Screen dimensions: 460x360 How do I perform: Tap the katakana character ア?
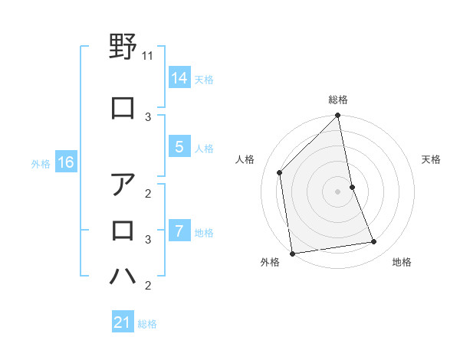click(123, 186)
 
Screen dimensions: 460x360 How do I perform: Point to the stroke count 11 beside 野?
click(149, 56)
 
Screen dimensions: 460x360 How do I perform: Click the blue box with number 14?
click(179, 78)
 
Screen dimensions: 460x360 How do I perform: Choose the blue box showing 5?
click(179, 148)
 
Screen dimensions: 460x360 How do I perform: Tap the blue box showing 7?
click(179, 231)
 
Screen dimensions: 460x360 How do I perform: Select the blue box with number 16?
click(66, 162)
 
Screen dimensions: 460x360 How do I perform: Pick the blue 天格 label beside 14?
click(204, 79)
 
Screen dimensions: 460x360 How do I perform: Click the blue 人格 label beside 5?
click(204, 149)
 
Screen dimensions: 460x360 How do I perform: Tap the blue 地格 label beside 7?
click(204, 232)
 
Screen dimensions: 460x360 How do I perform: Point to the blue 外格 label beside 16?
click(41, 163)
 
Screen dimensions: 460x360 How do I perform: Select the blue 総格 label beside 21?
click(147, 323)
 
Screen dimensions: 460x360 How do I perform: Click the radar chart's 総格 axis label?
click(338, 100)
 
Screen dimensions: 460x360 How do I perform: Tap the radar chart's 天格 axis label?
click(431, 159)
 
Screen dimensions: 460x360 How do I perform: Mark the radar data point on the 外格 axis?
click(292, 253)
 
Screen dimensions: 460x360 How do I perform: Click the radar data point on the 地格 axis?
click(374, 242)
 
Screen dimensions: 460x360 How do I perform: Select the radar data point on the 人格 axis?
click(280, 172)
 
